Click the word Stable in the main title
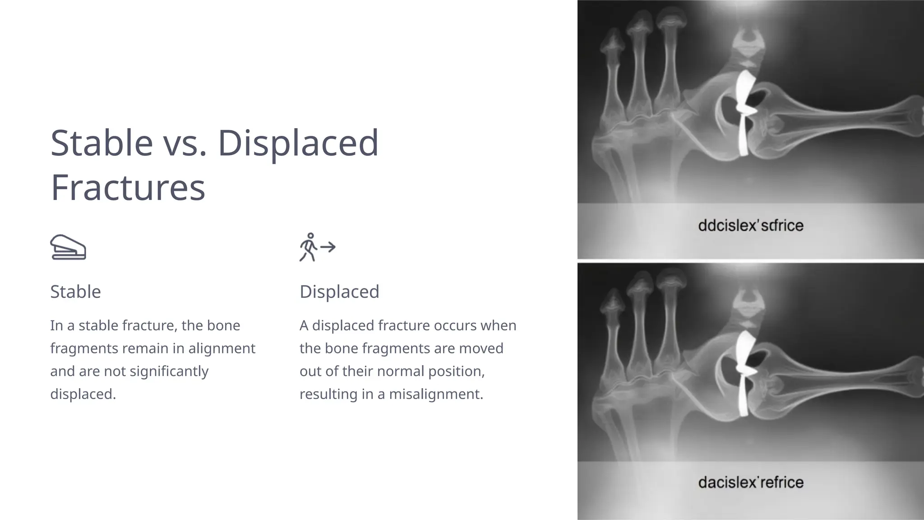click(x=102, y=143)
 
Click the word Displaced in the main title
click(x=298, y=143)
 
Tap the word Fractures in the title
click(x=128, y=188)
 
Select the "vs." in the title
click(x=185, y=143)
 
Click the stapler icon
click(x=68, y=247)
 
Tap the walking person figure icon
click(x=309, y=247)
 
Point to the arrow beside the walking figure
click(x=328, y=247)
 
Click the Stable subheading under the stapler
click(x=75, y=292)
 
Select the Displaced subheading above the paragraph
click(x=339, y=292)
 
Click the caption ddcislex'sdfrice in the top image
click(x=750, y=225)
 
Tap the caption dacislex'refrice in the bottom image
click(x=750, y=482)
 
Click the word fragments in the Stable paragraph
click(x=84, y=348)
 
